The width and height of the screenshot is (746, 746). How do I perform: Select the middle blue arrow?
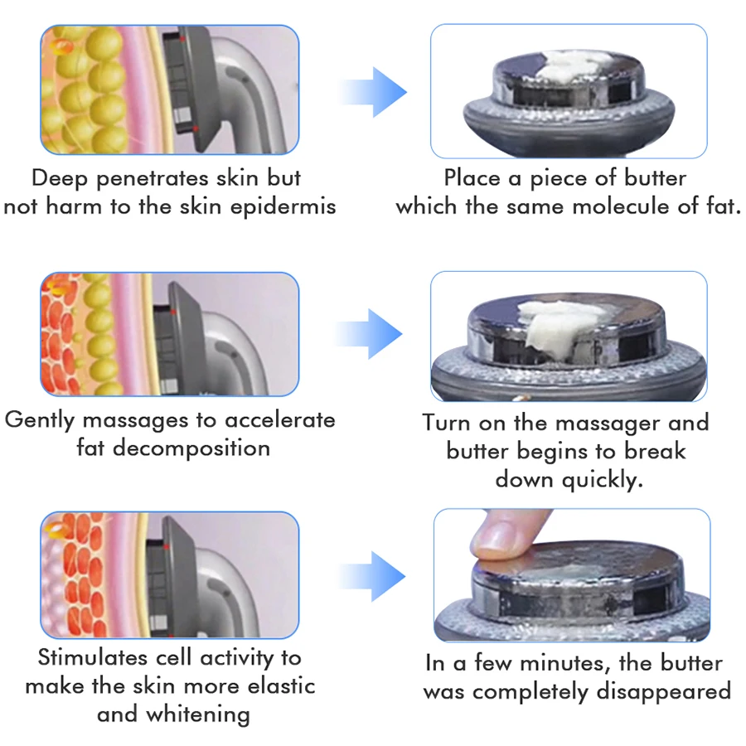coord(372,333)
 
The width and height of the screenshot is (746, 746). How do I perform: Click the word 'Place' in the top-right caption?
coord(473,178)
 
